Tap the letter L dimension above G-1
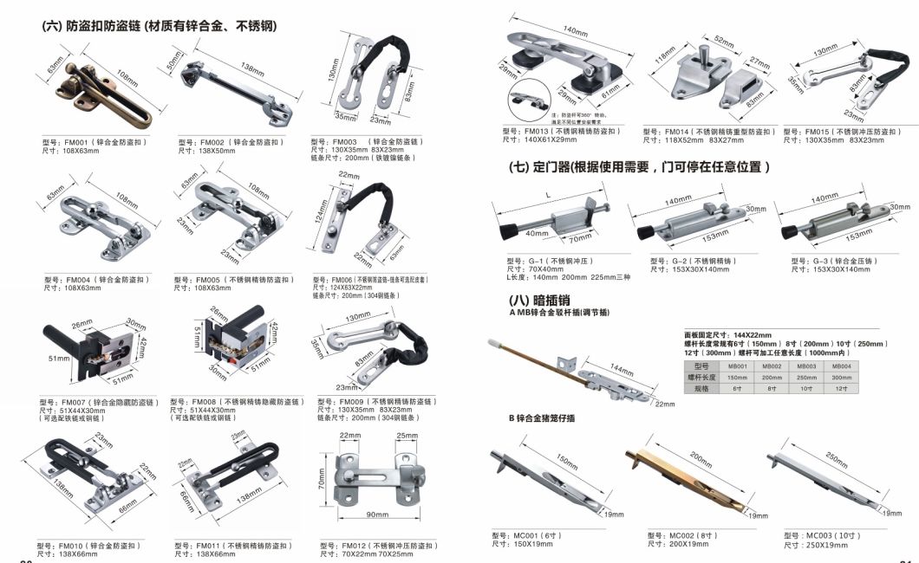[550, 195]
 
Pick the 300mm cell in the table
[842, 378]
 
